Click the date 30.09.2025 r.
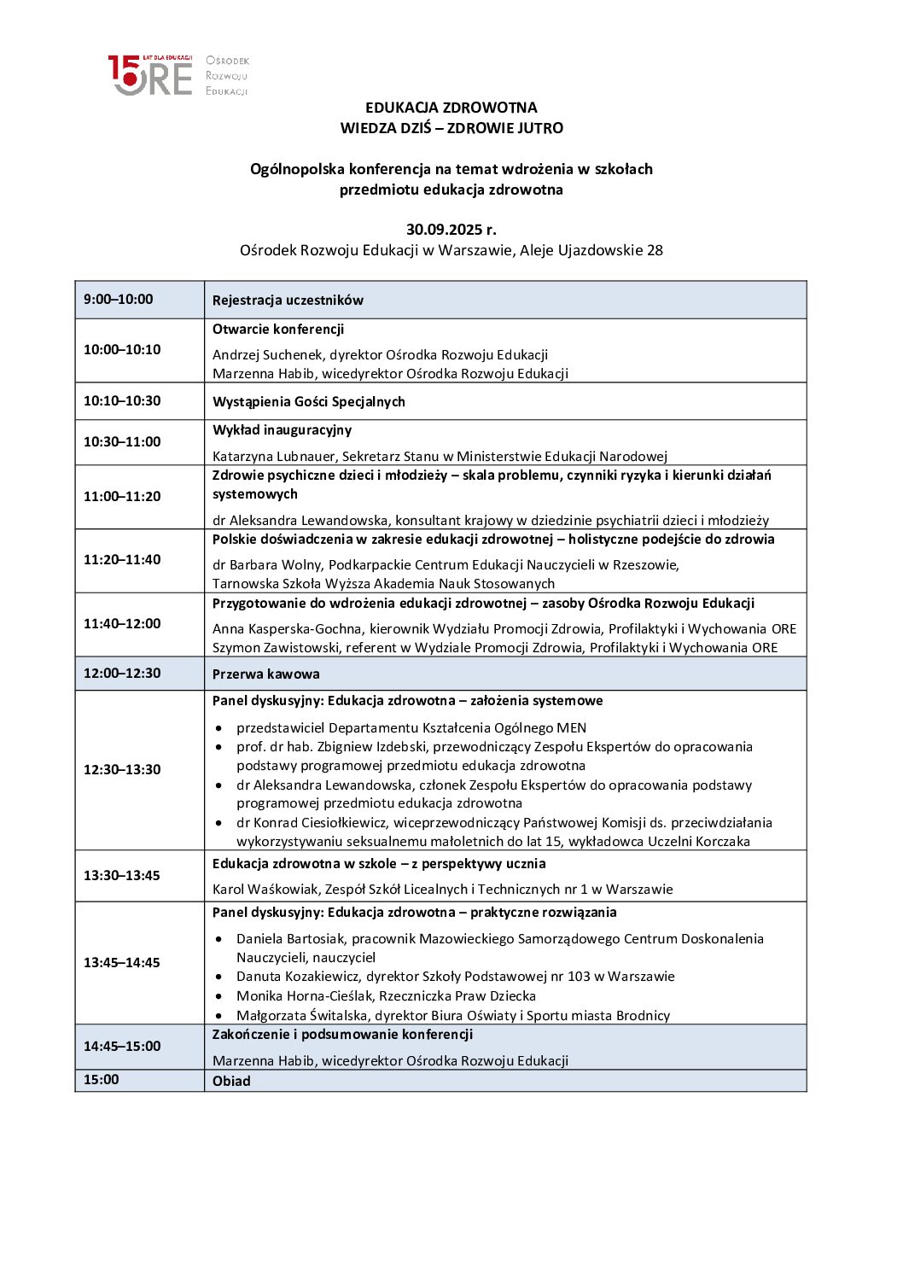pyautogui.click(x=451, y=230)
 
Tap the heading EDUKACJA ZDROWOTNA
pyautogui.click(x=451, y=108)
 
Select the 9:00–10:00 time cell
pyautogui.click(x=119, y=300)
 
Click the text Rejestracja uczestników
pyautogui.click(x=288, y=301)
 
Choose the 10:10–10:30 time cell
pyautogui.click(x=122, y=401)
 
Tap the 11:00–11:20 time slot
pyautogui.click(x=122, y=497)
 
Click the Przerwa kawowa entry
pyautogui.click(x=265, y=674)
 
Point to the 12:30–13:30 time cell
pyautogui.click(x=122, y=770)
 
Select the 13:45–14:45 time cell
pyautogui.click(x=122, y=963)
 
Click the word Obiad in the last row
pyautogui.click(x=231, y=1082)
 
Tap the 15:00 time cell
pyautogui.click(x=102, y=1080)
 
